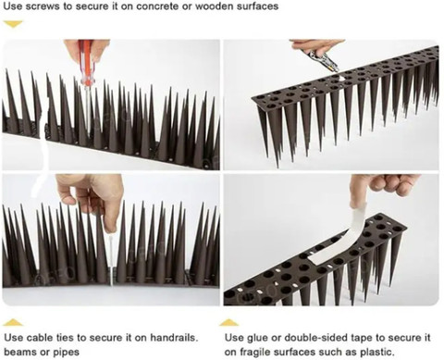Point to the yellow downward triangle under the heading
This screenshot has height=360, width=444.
pyautogui.click(x=13, y=24)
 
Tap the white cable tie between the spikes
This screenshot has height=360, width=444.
pyautogui.click(x=111, y=258)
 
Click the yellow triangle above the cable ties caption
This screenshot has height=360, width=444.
pyautogui.click(x=13, y=323)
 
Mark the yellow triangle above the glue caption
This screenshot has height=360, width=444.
pyautogui.click(x=229, y=323)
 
